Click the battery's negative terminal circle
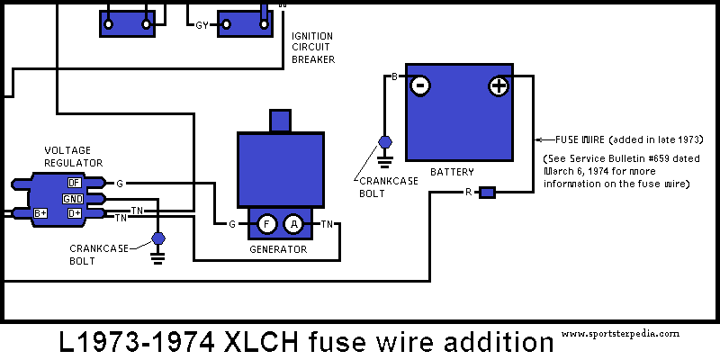click(419, 86)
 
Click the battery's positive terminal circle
click(499, 86)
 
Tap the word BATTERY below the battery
click(452, 171)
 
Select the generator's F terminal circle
click(267, 224)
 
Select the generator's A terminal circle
click(293, 224)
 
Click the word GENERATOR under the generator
click(278, 249)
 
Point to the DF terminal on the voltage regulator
click(75, 182)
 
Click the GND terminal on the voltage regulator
click(73, 198)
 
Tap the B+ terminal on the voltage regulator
click(40, 213)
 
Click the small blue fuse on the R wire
click(487, 193)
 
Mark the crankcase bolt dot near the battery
click(386, 142)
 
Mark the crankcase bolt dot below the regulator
click(158, 238)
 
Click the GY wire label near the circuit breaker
click(202, 24)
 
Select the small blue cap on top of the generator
click(280, 121)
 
